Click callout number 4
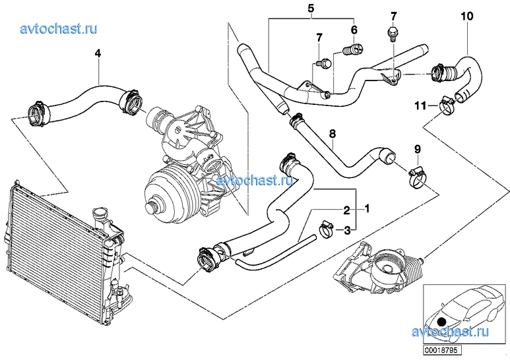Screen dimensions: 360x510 [x=98, y=54]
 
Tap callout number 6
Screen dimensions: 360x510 [x=354, y=30]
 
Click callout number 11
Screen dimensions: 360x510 [x=420, y=105]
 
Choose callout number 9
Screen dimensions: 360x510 [x=418, y=148]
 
